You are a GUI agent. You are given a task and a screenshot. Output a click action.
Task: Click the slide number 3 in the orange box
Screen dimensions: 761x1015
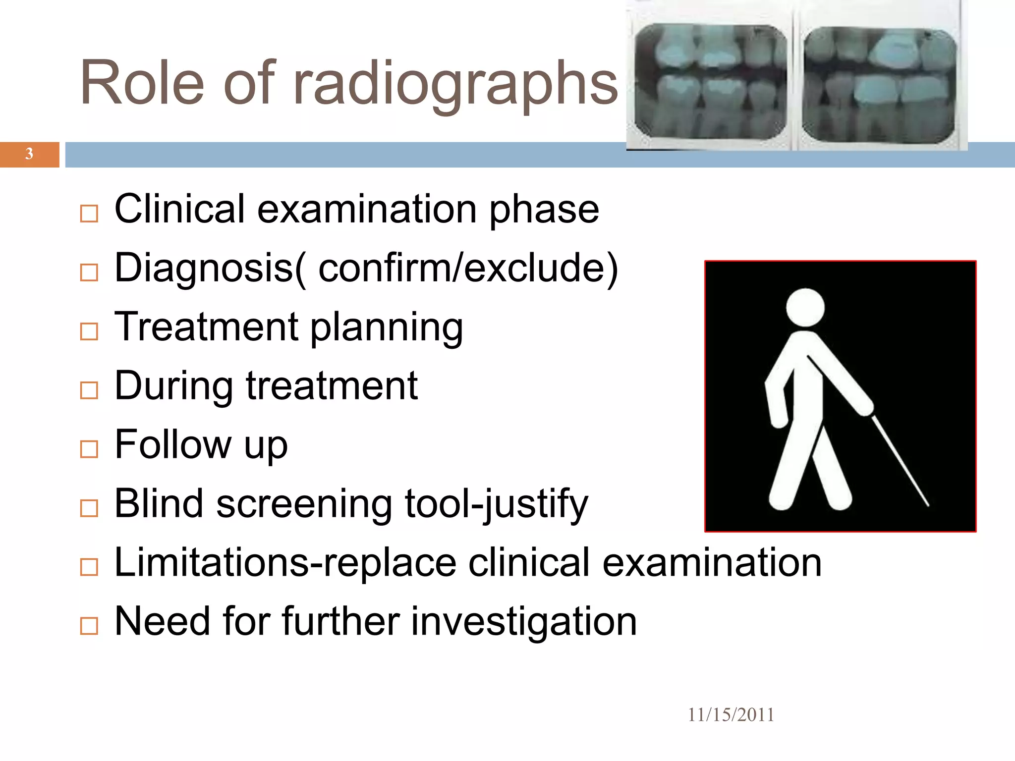tap(29, 154)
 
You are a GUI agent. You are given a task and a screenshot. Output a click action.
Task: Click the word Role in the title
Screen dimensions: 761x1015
tap(142, 83)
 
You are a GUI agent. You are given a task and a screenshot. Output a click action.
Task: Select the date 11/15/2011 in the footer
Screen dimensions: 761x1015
tap(731, 715)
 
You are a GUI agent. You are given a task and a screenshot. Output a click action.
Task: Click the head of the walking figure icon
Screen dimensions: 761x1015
tap(805, 307)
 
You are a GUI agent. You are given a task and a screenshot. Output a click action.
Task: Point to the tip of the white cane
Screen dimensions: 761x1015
tap(927, 506)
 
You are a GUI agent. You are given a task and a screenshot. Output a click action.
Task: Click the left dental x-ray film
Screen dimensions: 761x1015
tap(710, 82)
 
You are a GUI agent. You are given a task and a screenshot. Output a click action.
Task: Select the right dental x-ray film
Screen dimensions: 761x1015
tap(879, 84)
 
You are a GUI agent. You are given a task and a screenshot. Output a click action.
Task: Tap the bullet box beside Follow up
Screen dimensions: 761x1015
tap(89, 449)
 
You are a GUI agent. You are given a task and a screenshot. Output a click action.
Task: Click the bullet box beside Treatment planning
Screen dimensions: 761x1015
tap(89, 331)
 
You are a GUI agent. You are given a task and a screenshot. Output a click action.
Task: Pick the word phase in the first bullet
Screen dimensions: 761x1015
tap(544, 210)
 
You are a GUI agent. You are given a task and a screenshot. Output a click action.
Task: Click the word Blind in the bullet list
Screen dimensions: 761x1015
tap(159, 504)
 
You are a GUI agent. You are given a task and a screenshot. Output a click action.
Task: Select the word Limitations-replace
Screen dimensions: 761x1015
tap(285, 563)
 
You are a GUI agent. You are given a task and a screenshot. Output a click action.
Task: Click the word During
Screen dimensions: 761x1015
tap(173, 386)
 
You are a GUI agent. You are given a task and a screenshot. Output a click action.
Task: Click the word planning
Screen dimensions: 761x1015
tap(387, 328)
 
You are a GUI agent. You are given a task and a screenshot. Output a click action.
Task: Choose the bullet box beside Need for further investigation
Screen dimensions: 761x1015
tap(89, 626)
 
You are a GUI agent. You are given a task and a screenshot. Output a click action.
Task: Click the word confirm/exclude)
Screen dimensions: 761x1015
tap(468, 269)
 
